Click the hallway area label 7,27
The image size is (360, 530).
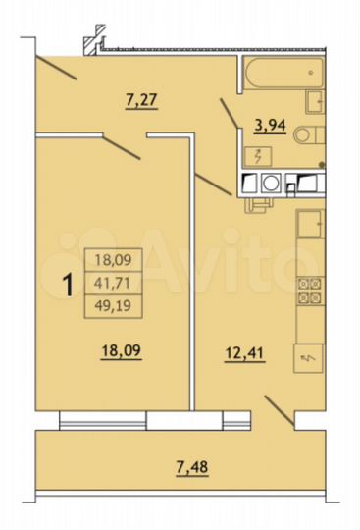point(144,98)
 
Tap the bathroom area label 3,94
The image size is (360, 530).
point(270,126)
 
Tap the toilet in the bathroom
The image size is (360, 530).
point(308,135)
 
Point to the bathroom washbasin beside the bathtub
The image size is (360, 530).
point(316,101)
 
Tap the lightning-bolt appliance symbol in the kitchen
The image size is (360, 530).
point(309,359)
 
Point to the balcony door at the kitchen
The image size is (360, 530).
point(280,411)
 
